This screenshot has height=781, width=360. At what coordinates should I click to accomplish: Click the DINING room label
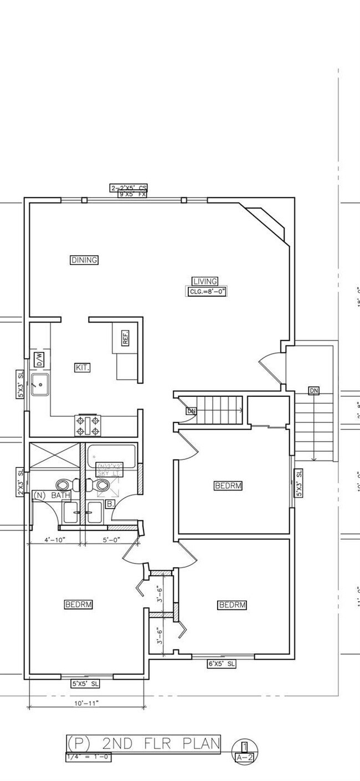[84, 260]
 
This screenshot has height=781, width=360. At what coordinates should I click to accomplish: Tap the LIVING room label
[205, 281]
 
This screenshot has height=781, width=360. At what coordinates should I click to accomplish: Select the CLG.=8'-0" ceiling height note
[206, 291]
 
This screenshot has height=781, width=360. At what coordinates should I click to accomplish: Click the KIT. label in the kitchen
[82, 367]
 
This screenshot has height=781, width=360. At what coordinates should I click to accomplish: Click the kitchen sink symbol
[40, 384]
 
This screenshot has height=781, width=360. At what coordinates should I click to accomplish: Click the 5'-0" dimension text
[110, 539]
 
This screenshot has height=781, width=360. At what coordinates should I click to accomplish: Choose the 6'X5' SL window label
[222, 664]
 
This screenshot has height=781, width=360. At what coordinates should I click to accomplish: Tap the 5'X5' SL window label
[85, 684]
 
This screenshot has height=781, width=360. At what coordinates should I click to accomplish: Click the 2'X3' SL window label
[20, 482]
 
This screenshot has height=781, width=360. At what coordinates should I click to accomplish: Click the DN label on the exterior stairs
[314, 391]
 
